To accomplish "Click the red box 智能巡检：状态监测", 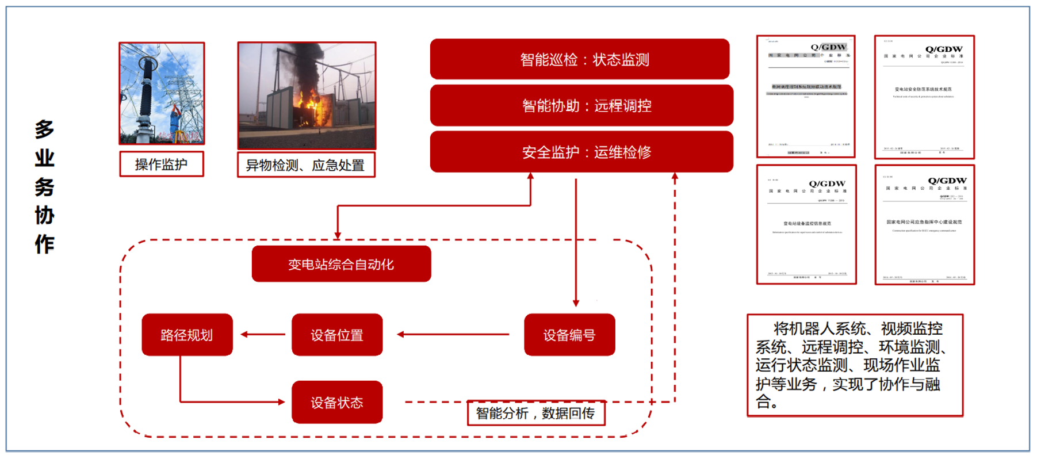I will click(580, 59).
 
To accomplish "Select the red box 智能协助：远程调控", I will click(581, 105).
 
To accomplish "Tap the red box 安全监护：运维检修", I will click(581, 152).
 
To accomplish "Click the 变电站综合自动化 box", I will click(341, 264).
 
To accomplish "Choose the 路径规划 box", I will click(187, 335).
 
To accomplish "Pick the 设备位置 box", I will click(337, 335).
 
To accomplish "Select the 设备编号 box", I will click(569, 335).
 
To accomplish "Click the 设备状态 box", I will click(337, 402).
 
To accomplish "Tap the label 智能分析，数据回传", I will click(535, 413).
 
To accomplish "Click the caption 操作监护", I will click(161, 165).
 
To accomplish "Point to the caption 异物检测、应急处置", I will click(306, 165).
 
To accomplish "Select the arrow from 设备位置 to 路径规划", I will click(262, 334).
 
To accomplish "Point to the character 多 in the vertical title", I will click(44, 129).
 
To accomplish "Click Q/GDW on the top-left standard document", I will click(828, 47).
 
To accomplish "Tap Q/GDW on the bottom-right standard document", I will click(947, 181).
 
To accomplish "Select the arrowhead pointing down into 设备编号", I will click(576, 303).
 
